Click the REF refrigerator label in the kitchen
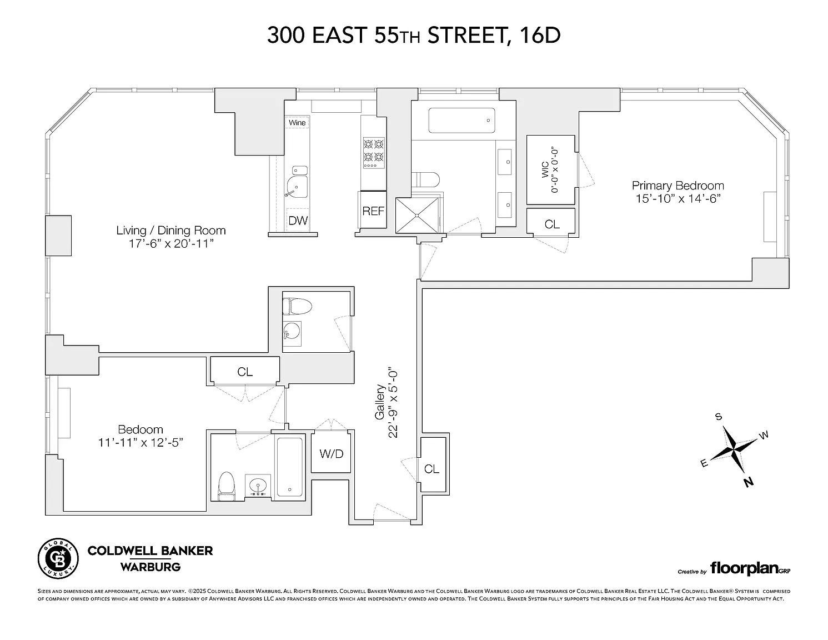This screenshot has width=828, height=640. pos(373,211)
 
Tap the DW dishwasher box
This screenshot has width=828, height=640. pos(298,220)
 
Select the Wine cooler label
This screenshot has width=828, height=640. pos(297,123)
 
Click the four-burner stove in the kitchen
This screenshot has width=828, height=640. pos(374,153)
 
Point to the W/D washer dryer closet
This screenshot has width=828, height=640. pos(331,453)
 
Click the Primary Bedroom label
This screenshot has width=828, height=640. pos(678,186)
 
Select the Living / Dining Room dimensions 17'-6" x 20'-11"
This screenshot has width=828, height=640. pos(170,243)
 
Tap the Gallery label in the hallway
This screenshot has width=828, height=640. pos(380,402)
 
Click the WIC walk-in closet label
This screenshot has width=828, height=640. pos(545,170)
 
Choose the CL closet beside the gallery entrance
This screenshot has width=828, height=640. pos(432,468)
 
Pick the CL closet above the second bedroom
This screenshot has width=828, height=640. pos(245,371)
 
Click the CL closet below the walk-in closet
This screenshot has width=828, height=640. pos(552,224)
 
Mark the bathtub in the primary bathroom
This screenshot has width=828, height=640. pos(461,121)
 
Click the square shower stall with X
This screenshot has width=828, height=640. pos(417,216)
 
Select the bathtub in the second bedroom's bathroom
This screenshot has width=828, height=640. pos(289,467)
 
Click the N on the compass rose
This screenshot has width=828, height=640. pos(749,483)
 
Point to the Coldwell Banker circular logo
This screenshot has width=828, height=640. pos(58,558)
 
